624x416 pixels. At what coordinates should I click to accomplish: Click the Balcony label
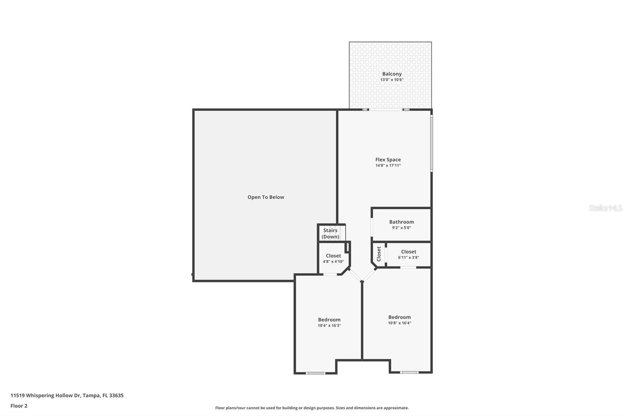click(x=392, y=74)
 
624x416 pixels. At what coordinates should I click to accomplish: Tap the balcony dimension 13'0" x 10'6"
click(x=392, y=80)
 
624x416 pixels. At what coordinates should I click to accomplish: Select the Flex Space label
click(x=388, y=160)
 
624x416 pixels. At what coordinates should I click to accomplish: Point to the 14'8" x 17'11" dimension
click(x=388, y=165)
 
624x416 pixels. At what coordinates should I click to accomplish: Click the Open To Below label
click(x=266, y=197)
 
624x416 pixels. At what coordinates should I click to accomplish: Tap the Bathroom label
click(x=401, y=222)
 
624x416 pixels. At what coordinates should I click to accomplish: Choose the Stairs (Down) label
click(x=330, y=233)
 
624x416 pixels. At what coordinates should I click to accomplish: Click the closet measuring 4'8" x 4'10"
click(x=333, y=258)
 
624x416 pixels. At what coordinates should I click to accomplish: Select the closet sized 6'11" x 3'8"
click(x=408, y=254)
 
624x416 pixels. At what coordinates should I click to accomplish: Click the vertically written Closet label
click(x=379, y=254)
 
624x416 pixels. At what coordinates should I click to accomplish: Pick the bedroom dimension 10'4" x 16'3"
click(x=329, y=325)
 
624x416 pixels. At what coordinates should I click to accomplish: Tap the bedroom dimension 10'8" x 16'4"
click(x=399, y=323)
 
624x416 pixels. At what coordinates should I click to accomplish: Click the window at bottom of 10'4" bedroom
click(x=315, y=373)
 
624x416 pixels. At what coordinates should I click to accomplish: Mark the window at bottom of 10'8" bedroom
click(x=409, y=372)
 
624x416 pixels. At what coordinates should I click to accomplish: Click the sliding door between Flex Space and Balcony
click(x=386, y=110)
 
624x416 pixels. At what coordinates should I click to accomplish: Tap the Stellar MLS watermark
click(x=605, y=208)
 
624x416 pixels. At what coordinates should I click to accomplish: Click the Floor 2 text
click(x=19, y=406)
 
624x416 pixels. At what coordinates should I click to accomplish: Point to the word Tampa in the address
click(x=91, y=395)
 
